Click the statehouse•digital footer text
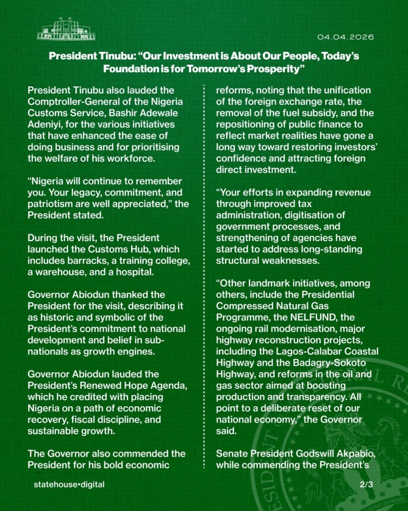pyautogui.click(x=69, y=484)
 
